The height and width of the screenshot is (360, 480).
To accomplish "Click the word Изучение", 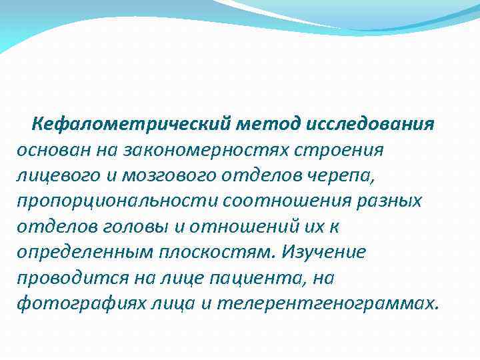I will [x=323, y=253].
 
